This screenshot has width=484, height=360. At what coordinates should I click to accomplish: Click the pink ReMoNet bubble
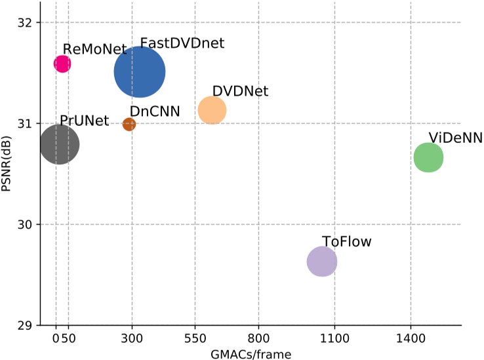[x=62, y=64]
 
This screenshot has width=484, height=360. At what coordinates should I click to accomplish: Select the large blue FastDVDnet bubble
[x=140, y=72]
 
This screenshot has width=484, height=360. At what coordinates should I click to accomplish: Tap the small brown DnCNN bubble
[x=129, y=124]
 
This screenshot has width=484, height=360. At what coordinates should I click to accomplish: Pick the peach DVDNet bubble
[x=212, y=110]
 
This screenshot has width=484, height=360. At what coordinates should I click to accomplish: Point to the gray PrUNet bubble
[x=60, y=144]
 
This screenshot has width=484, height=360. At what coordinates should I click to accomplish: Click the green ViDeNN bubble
[x=429, y=157]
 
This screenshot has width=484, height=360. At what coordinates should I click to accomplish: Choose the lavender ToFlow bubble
[x=322, y=262]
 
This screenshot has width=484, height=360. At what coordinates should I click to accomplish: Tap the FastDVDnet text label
[x=182, y=43]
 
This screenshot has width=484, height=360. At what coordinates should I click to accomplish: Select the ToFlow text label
[x=346, y=241]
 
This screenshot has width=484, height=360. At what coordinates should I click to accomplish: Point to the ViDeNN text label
[x=455, y=137]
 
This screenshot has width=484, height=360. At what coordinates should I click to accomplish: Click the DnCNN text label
[x=155, y=111]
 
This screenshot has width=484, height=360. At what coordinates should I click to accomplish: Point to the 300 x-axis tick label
[x=132, y=340]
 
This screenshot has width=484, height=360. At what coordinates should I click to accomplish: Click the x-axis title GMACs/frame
[x=251, y=353]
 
